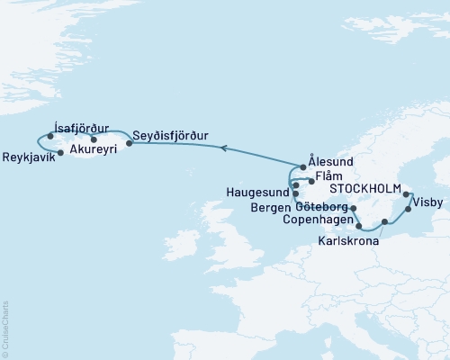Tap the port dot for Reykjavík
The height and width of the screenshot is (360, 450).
pos(59,153)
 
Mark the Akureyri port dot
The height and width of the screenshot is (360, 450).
pos(94,139)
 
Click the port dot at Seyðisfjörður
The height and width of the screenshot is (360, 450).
pos(129,142)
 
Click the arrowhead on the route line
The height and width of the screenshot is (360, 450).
pos(225,149)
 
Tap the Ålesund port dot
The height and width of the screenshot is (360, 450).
pos(303,167)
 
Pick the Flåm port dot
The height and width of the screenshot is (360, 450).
pos(311,181)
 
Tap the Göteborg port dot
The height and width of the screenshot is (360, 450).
pos(353,209)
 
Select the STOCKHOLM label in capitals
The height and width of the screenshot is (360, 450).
pos(365,191)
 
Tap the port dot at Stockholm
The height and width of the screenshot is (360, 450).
pos(407,194)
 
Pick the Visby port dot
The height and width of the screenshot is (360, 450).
pos(409,210)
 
